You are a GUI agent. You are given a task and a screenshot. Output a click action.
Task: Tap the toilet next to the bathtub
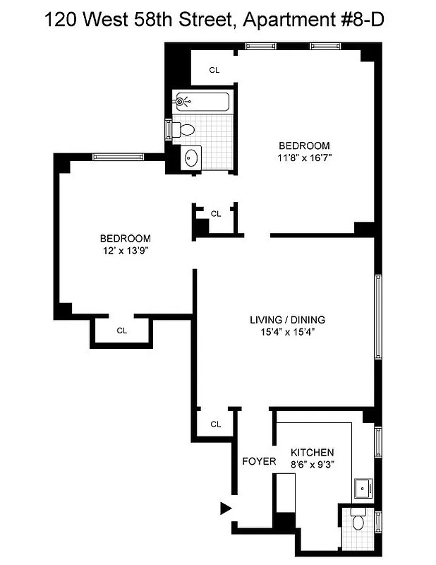185,129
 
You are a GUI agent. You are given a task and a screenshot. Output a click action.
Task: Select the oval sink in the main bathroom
190,158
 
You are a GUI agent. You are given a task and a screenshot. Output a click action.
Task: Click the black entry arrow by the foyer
226,508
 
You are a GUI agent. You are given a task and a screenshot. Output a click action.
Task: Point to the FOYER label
259,461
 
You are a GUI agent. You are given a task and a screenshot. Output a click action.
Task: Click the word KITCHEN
313,452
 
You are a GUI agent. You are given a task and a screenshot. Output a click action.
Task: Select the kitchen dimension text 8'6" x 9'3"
313,464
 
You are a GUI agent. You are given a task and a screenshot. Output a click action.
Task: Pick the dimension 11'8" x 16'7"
303,158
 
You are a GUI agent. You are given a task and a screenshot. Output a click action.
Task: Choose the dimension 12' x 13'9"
125,250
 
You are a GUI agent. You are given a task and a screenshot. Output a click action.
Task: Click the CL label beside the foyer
216,424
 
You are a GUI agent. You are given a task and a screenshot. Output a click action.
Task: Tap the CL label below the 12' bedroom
121,330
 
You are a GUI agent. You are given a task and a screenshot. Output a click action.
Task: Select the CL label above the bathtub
215,70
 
